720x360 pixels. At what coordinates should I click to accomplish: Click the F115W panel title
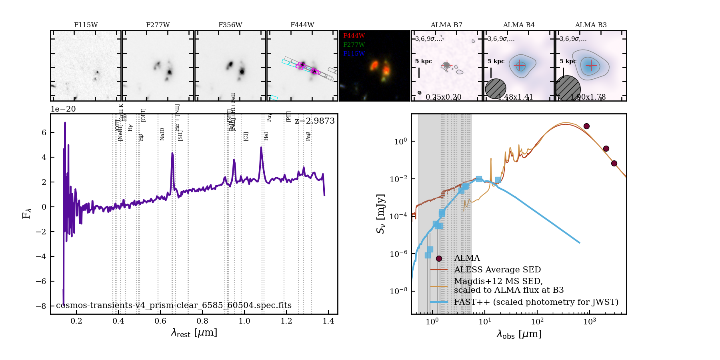pyautogui.click(x=86, y=25)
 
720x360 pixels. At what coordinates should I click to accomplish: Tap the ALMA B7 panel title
pyautogui.click(x=446, y=25)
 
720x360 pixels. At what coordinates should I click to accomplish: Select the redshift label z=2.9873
pyautogui.click(x=314, y=121)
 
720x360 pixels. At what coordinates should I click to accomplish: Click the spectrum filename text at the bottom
pyautogui.click(x=174, y=305)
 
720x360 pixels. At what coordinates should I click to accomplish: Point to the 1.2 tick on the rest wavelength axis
pyautogui.click(x=286, y=321)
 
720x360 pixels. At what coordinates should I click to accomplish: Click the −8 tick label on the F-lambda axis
pyautogui.click(x=41, y=306)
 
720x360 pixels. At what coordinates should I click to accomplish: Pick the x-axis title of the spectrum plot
pyautogui.click(x=194, y=332)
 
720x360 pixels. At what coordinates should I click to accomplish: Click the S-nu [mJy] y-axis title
pyautogui.click(x=380, y=214)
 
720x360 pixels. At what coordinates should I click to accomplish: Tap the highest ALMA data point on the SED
pyautogui.click(x=586, y=126)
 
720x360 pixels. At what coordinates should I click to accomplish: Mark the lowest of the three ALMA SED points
pyautogui.click(x=614, y=163)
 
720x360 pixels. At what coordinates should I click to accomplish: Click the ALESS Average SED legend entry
pyautogui.click(x=497, y=270)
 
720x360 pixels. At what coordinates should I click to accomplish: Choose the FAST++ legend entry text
pyautogui.click(x=536, y=302)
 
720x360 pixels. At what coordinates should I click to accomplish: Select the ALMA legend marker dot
pyautogui.click(x=439, y=258)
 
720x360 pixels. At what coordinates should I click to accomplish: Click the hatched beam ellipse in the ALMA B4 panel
pyautogui.click(x=496, y=88)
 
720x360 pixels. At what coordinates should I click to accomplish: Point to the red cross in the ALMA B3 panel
pyautogui.click(x=591, y=65)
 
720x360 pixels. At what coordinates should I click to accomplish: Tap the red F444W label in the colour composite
pyautogui.click(x=354, y=36)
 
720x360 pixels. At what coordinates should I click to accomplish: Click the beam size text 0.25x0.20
pyautogui.click(x=443, y=97)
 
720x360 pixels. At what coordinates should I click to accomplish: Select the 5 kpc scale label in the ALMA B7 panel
pyautogui.click(x=424, y=61)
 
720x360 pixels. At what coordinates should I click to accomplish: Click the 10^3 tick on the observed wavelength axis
pyautogui.click(x=590, y=322)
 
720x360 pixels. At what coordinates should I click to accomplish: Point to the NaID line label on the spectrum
pyautogui.click(x=162, y=134)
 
